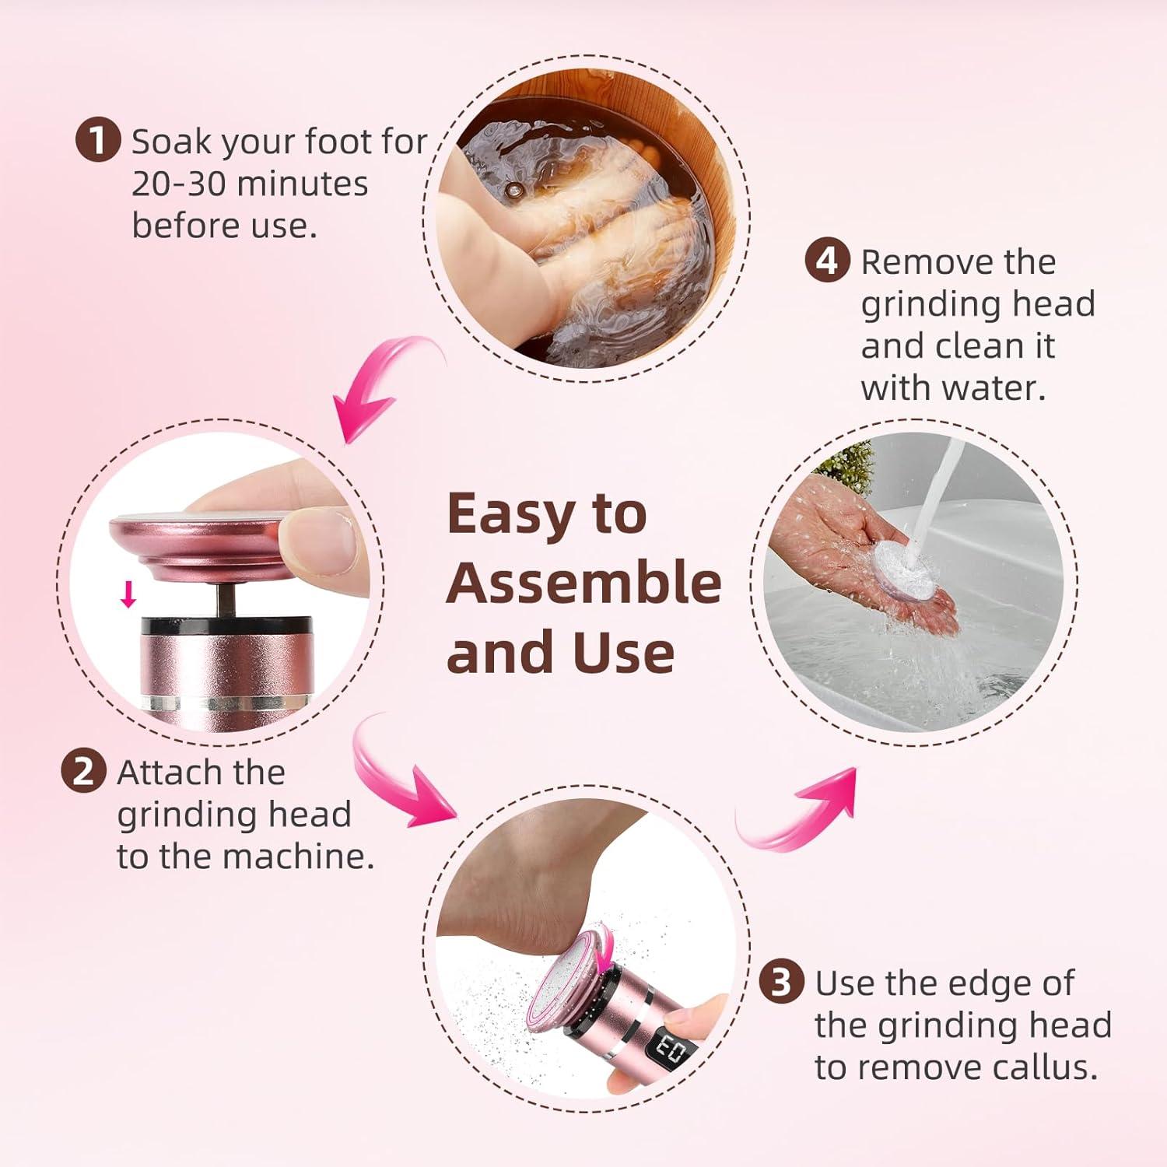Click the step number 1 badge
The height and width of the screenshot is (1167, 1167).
click(98, 142)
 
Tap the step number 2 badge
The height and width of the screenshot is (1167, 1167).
click(83, 772)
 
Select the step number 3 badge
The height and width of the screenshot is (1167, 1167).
click(781, 983)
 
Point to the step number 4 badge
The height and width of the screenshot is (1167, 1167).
click(827, 261)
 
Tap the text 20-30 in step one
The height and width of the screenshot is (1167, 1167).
click(180, 184)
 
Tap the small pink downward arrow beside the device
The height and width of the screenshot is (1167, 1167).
click(128, 595)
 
